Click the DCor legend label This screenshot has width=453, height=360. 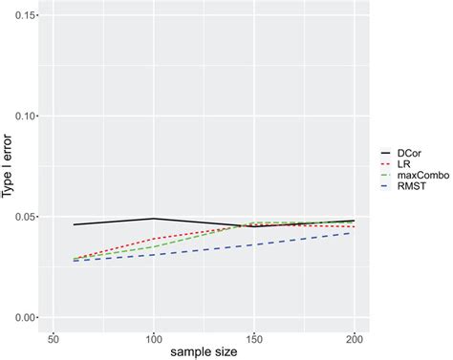click(410, 152)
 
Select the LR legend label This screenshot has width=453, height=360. click(405, 164)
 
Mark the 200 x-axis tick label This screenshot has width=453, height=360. click(354, 339)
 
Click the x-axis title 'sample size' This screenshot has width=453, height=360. click(203, 352)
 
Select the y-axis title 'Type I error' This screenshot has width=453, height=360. click(8, 167)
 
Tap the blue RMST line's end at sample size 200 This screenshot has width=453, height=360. click(354, 233)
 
